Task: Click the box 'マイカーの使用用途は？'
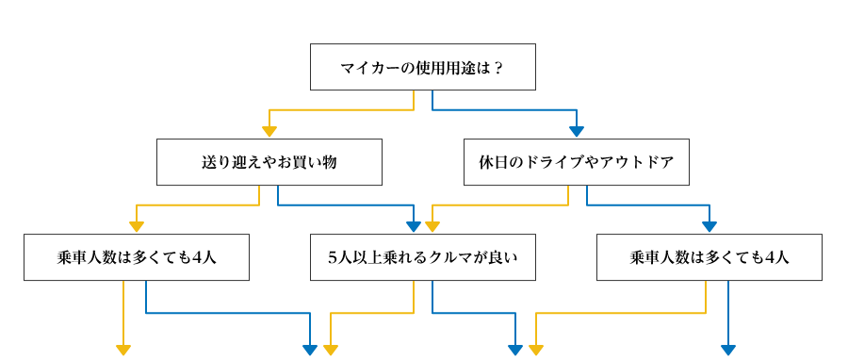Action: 423,67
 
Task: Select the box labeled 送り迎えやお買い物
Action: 269,162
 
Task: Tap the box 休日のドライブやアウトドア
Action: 576,162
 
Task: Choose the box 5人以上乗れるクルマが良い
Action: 423,257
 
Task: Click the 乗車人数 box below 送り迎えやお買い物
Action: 137,257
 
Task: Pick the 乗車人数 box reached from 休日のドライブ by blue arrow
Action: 709,257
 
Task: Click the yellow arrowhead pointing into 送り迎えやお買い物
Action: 269,132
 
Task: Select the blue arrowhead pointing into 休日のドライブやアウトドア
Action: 577,132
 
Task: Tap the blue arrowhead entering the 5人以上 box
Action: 413,227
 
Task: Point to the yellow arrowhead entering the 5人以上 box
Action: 432,227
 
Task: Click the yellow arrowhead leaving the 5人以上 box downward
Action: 330,350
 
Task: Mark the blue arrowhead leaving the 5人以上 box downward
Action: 515,350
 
